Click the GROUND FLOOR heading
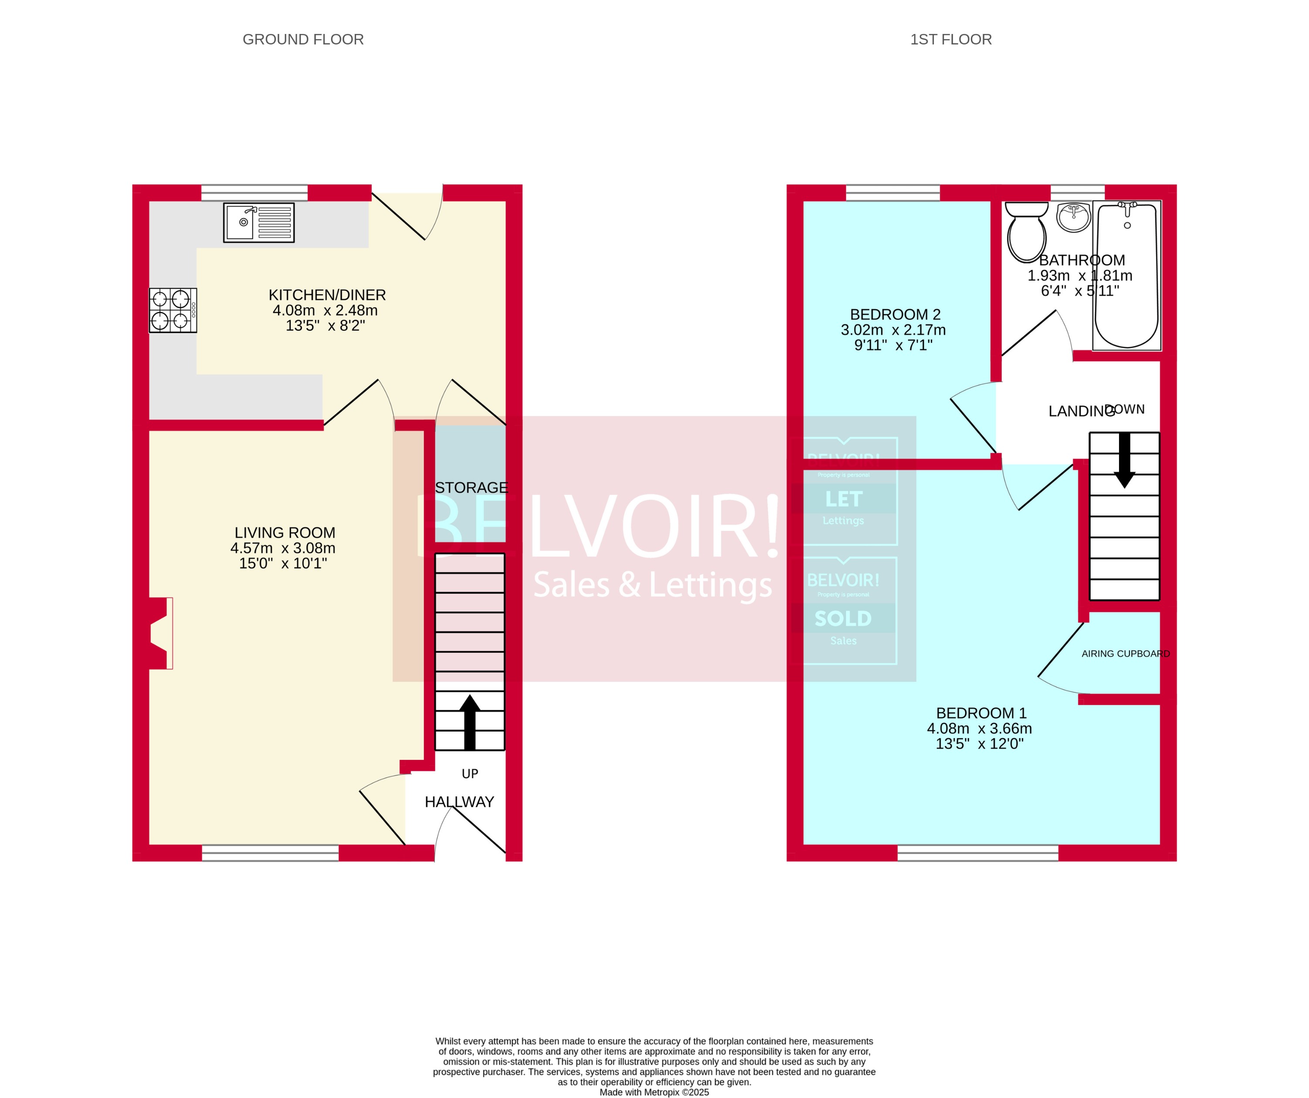pos(303,39)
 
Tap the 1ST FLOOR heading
pos(950,39)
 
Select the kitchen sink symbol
pos(259,223)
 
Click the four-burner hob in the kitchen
pos(173,310)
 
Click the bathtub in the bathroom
pos(1126,275)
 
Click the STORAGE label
pos(471,487)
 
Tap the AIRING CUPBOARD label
pos(1125,654)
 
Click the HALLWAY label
pos(459,802)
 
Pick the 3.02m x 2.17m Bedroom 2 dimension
pos(892,330)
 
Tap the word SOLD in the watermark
pos(843,619)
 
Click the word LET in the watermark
pos(843,499)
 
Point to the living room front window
pos(270,853)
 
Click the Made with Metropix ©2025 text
pos(654,1092)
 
